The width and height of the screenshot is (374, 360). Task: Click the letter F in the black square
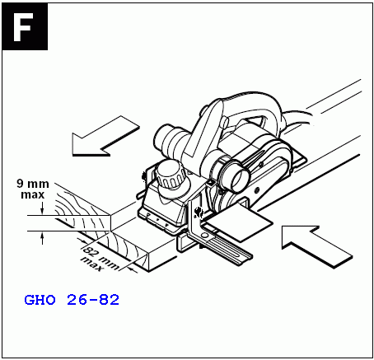tap(22, 27)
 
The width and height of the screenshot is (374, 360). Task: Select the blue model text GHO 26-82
tap(72, 300)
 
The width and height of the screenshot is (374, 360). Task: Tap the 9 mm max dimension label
tap(33, 189)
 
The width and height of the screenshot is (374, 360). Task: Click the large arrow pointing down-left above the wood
tap(105, 137)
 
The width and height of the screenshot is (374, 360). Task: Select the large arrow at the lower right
tap(317, 246)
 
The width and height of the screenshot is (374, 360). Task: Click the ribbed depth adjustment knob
tap(170, 175)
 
